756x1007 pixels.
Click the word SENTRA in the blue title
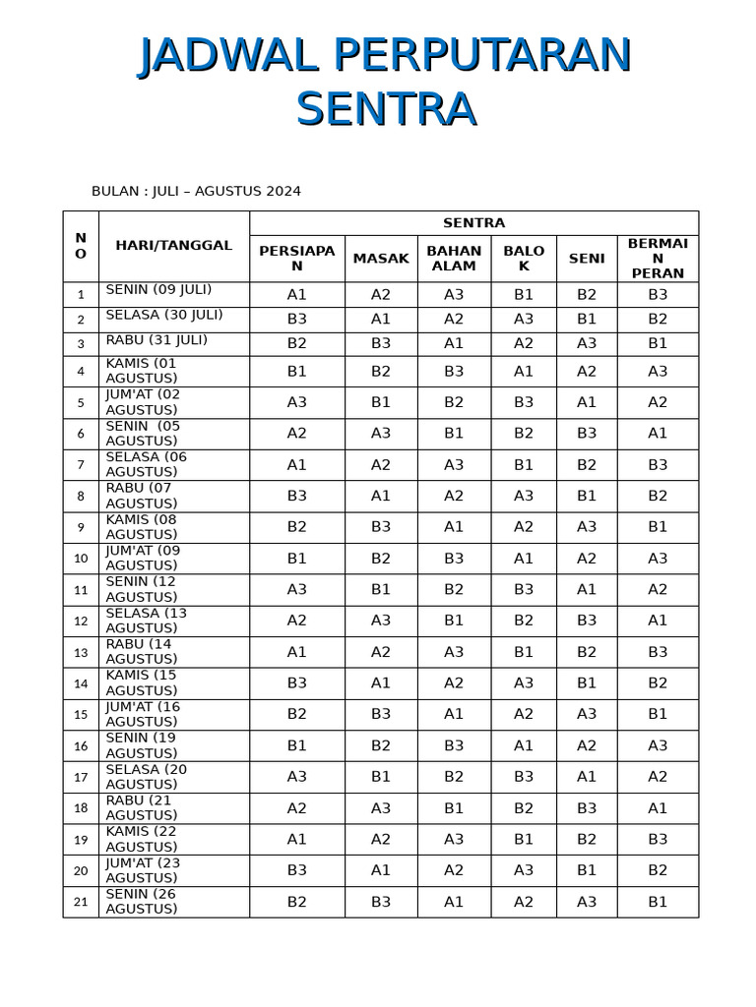coord(386,108)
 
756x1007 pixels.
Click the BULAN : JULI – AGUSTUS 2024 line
coord(196,191)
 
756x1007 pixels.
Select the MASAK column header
coord(381,259)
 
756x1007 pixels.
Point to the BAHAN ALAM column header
coord(454,259)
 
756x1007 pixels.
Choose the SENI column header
coord(587,259)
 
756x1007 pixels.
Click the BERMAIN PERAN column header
coord(658,259)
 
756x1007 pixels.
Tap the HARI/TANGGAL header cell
coord(173,246)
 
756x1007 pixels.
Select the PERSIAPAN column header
coord(297,259)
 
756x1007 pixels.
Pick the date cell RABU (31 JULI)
coord(157,340)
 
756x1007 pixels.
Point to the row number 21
coord(81,902)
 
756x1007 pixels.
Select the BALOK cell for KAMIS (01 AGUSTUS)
coord(524,371)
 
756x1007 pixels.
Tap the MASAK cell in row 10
coord(381,559)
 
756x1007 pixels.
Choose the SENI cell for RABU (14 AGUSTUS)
coord(587,652)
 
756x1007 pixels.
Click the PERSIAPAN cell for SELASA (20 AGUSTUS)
coord(297,777)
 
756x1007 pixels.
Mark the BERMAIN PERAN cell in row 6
coord(658,434)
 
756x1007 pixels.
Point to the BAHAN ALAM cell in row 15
coord(454,715)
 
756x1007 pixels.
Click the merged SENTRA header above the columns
coord(473,223)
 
